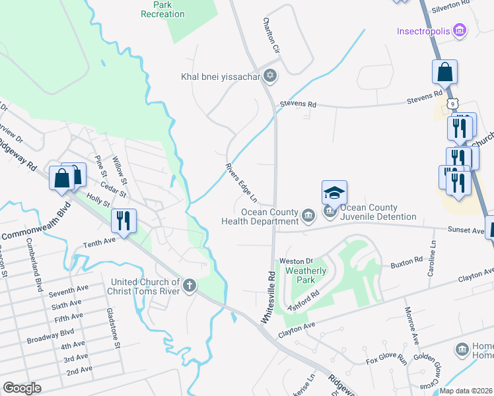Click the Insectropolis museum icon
[x=461, y=31]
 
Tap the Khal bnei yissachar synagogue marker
[x=269, y=77]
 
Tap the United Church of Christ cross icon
[x=190, y=286]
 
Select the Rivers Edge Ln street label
[x=240, y=183]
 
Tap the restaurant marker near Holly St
[x=123, y=220]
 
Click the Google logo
[x=22, y=387]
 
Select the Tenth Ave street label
[x=99, y=244]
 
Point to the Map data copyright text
[x=466, y=391]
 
